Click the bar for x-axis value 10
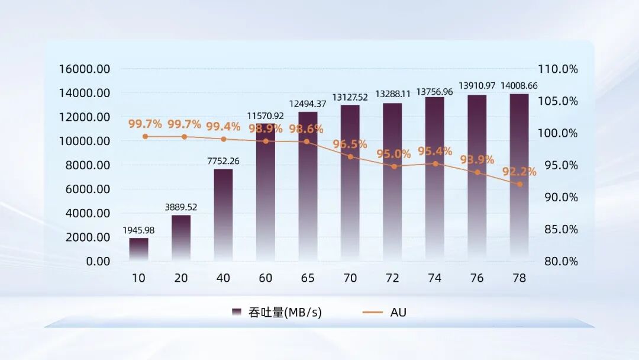(139, 249)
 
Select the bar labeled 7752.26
(223, 215)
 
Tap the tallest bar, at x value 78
(519, 178)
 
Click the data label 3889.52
(181, 207)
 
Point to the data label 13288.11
(392, 94)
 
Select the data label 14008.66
(519, 86)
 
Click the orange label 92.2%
(519, 172)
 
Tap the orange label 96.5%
(350, 144)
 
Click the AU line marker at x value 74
(435, 163)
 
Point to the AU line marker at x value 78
(519, 184)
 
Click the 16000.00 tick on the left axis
(85, 69)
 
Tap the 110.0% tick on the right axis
(557, 69)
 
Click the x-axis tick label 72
(392, 278)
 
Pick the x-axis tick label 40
(223, 278)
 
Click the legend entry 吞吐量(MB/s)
(285, 312)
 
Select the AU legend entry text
(398, 312)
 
